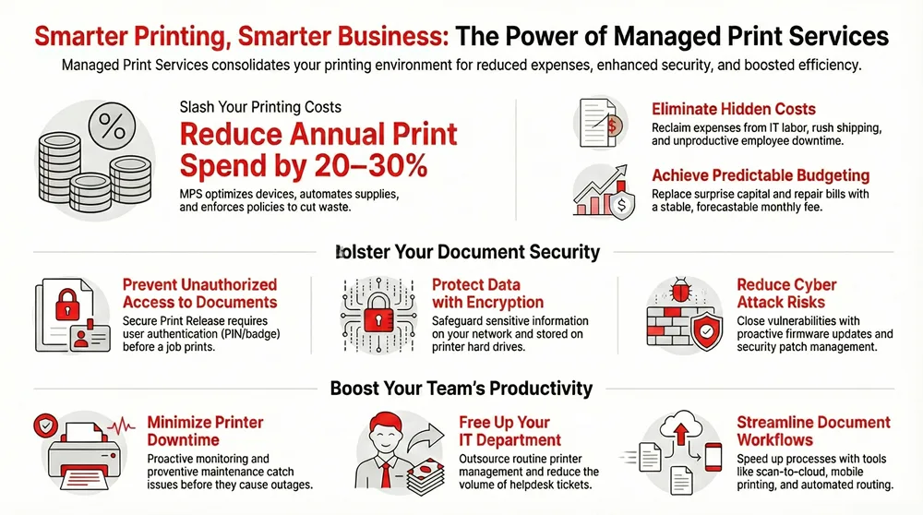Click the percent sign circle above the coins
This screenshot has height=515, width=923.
click(x=113, y=127)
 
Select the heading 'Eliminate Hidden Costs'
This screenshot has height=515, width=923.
click(x=734, y=109)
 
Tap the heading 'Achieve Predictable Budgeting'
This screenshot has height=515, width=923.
click(x=761, y=175)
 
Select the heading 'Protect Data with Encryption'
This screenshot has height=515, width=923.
click(x=487, y=293)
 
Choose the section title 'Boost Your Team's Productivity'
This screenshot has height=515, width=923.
click(x=461, y=389)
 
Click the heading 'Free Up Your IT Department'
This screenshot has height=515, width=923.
click(x=509, y=431)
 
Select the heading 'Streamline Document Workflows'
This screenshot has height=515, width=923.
click(x=813, y=431)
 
